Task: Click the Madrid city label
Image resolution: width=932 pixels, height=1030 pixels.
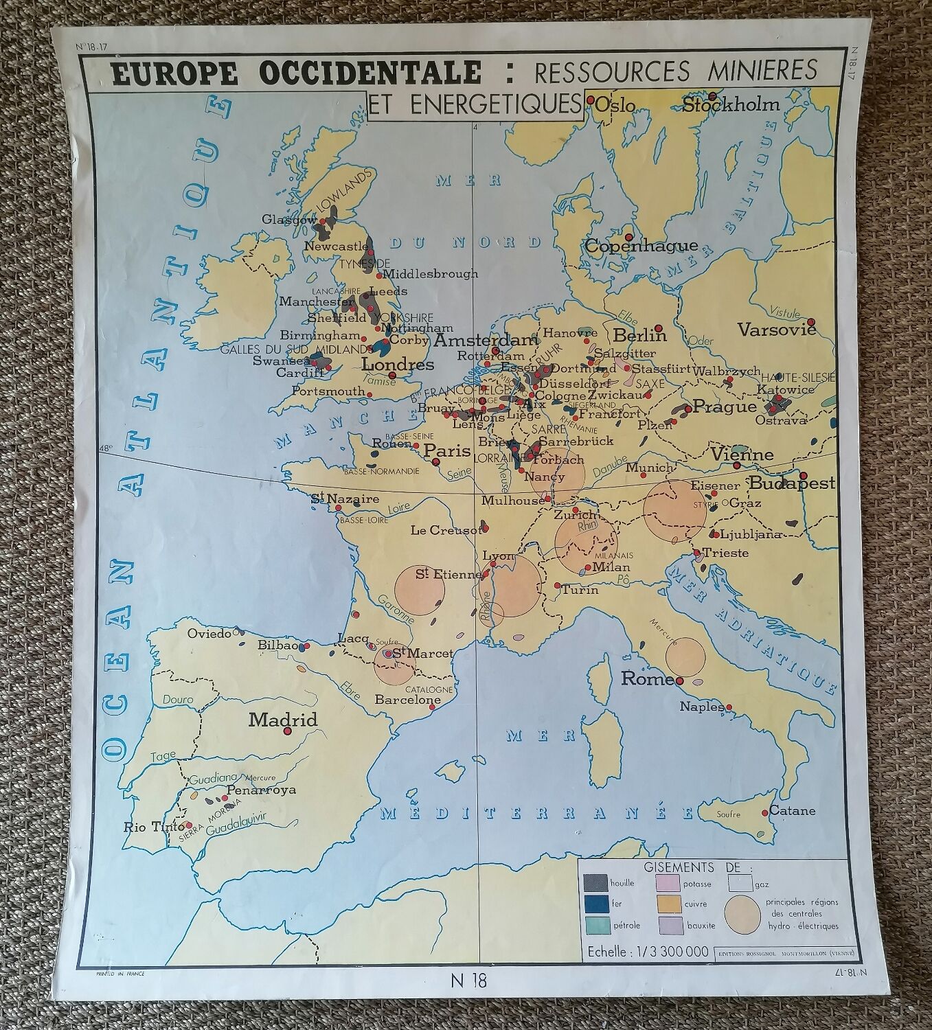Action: coord(283,720)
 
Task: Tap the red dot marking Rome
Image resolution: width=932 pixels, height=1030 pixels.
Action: coord(679,680)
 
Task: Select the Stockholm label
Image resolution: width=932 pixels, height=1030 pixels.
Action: coord(731,105)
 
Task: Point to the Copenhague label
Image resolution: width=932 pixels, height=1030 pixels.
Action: coord(641,246)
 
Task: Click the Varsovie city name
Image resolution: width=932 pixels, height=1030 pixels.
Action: coord(777,330)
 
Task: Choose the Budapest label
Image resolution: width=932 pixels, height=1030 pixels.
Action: coord(791,483)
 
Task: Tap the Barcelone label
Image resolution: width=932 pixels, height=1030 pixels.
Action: coord(407,700)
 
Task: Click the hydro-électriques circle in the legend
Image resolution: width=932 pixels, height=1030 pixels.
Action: coord(742,915)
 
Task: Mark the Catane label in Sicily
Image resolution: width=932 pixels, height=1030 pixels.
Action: coord(792,810)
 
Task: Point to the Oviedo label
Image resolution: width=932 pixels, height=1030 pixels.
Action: coord(209,634)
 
